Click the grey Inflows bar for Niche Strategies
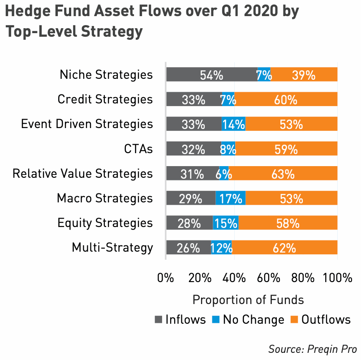click(x=211, y=74)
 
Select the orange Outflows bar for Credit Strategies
click(x=286, y=99)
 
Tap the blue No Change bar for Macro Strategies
click(x=230, y=198)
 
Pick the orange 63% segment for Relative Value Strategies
click(x=283, y=173)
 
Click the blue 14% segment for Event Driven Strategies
click(x=233, y=124)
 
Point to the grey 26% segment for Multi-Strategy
click(x=188, y=247)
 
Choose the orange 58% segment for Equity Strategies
click(x=288, y=223)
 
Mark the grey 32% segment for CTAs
click(x=193, y=149)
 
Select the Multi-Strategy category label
click(x=112, y=247)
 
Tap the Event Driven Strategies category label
click(x=87, y=124)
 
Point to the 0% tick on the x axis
click(x=166, y=278)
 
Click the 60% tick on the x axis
click(x=269, y=278)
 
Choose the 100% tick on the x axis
click(x=338, y=278)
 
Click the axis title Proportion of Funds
click(x=248, y=299)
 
